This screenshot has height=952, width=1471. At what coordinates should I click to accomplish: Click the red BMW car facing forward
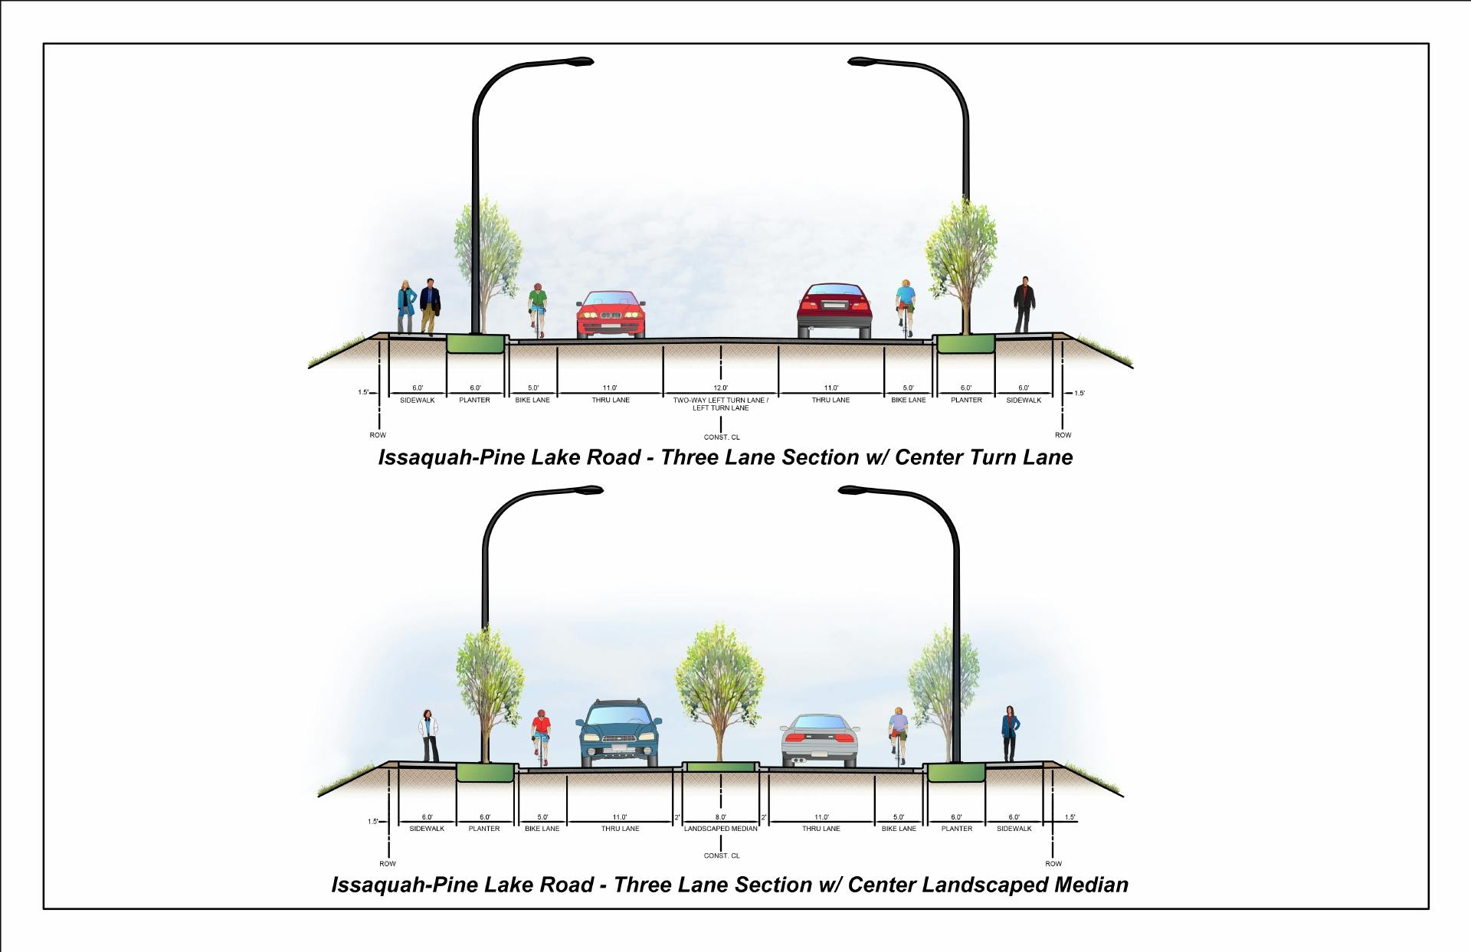point(611,315)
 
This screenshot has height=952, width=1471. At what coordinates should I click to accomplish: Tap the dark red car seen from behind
point(834,311)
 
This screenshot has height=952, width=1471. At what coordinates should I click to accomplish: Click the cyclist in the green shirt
point(538,308)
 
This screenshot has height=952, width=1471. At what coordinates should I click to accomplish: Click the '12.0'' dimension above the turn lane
point(720,388)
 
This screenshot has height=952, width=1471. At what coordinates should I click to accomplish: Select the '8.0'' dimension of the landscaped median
point(720,817)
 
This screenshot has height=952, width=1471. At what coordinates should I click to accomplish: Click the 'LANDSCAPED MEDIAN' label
point(720,829)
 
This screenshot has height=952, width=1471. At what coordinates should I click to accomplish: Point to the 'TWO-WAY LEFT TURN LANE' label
point(720,401)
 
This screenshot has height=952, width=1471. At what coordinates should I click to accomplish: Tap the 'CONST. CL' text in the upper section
point(722,437)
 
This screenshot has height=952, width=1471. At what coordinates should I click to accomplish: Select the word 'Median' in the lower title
point(1091,885)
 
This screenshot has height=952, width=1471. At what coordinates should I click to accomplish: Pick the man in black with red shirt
point(1024,304)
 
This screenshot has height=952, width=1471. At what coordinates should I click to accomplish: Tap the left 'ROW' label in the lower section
point(388,864)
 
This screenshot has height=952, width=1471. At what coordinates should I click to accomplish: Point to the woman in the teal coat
point(406,306)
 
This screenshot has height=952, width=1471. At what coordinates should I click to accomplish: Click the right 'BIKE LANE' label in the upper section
point(908,401)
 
